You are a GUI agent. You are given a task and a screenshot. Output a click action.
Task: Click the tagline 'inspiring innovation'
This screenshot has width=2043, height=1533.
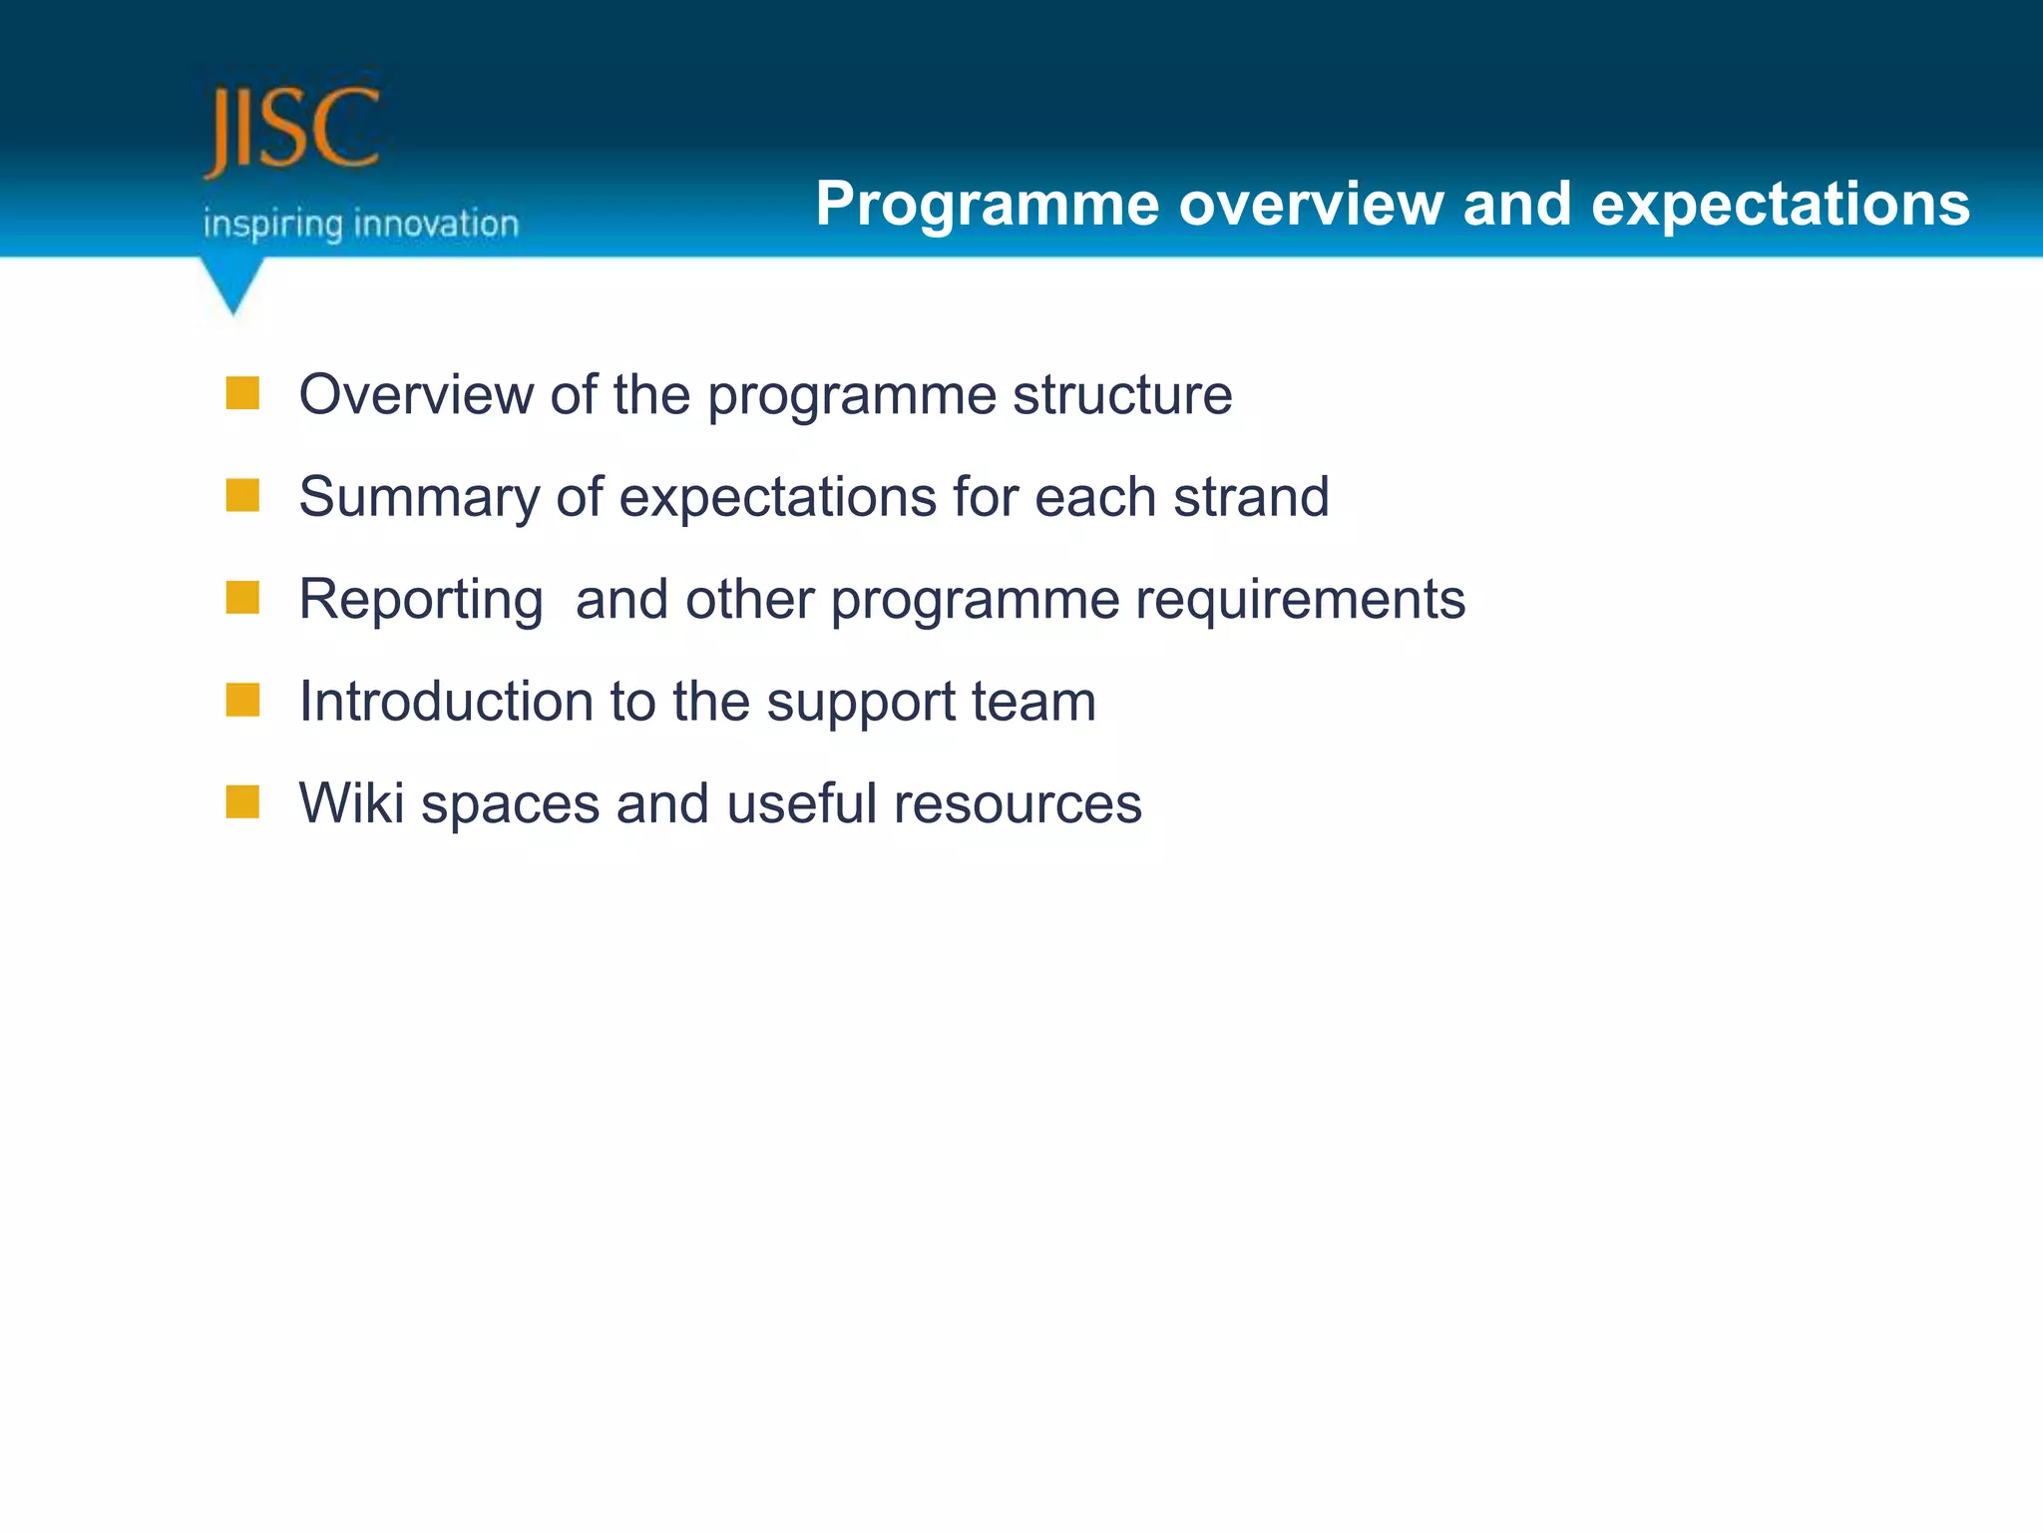[x=361, y=224]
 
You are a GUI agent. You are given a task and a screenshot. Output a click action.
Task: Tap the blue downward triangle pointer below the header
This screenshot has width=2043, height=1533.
[x=232, y=283]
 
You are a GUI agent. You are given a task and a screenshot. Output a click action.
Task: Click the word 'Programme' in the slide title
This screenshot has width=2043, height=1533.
[x=987, y=205]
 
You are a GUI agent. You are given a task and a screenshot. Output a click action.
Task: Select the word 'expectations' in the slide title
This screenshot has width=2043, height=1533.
[x=1780, y=205]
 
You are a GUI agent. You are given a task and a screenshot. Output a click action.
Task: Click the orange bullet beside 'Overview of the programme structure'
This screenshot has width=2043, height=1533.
[x=242, y=393]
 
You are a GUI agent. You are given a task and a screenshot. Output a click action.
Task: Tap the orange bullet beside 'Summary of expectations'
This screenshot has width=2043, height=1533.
[x=242, y=495]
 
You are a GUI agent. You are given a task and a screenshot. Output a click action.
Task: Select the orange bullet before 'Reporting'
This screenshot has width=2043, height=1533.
[x=242, y=598]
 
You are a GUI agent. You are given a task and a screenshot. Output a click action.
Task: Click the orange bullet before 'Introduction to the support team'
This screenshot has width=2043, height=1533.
[x=242, y=700]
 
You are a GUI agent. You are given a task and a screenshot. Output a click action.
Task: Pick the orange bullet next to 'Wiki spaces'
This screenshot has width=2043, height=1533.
[x=242, y=801]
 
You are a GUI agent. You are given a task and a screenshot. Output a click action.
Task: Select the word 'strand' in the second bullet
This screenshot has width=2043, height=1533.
[x=1251, y=497]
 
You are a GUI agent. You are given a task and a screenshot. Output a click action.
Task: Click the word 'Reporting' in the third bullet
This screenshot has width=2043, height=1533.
[x=421, y=601]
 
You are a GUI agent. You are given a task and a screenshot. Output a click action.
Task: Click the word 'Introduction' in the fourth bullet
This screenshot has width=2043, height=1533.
[x=445, y=701]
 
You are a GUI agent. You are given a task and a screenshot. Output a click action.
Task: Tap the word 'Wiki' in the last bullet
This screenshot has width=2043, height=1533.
[x=351, y=802]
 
